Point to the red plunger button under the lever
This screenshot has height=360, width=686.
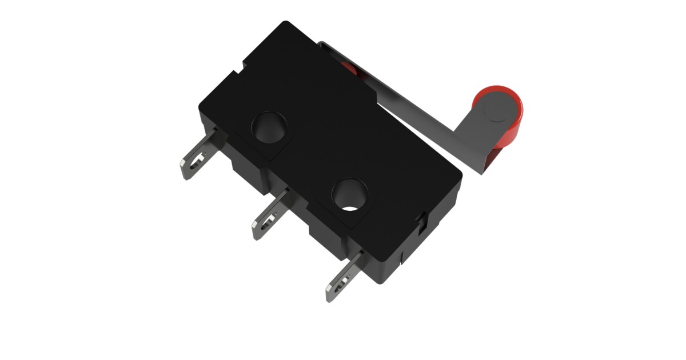click(x=348, y=69)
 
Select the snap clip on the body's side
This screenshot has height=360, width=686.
click(x=422, y=219)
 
